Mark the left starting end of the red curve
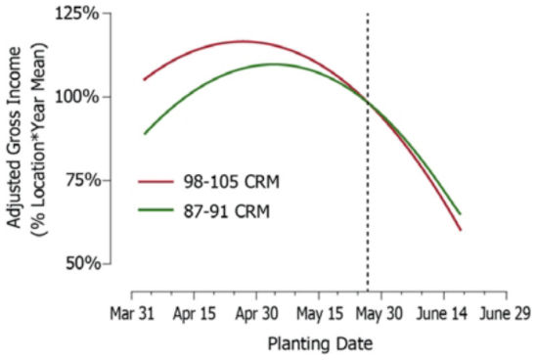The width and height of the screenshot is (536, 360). pyautogui.click(x=144, y=80)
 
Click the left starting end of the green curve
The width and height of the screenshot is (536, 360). pyautogui.click(x=144, y=134)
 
